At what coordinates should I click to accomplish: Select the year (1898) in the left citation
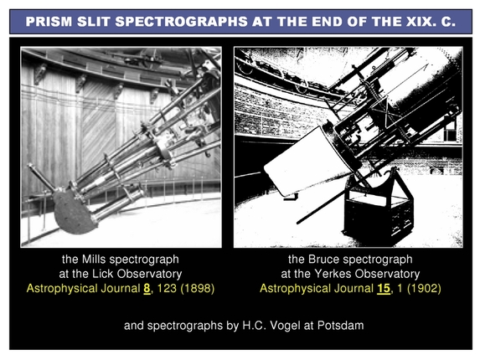pos(193,289)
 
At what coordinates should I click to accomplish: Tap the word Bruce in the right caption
pos(323,260)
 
